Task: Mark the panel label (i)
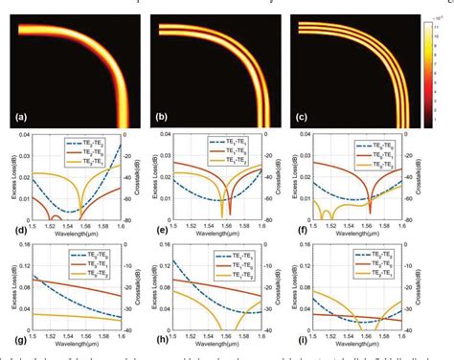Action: click(306, 339)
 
